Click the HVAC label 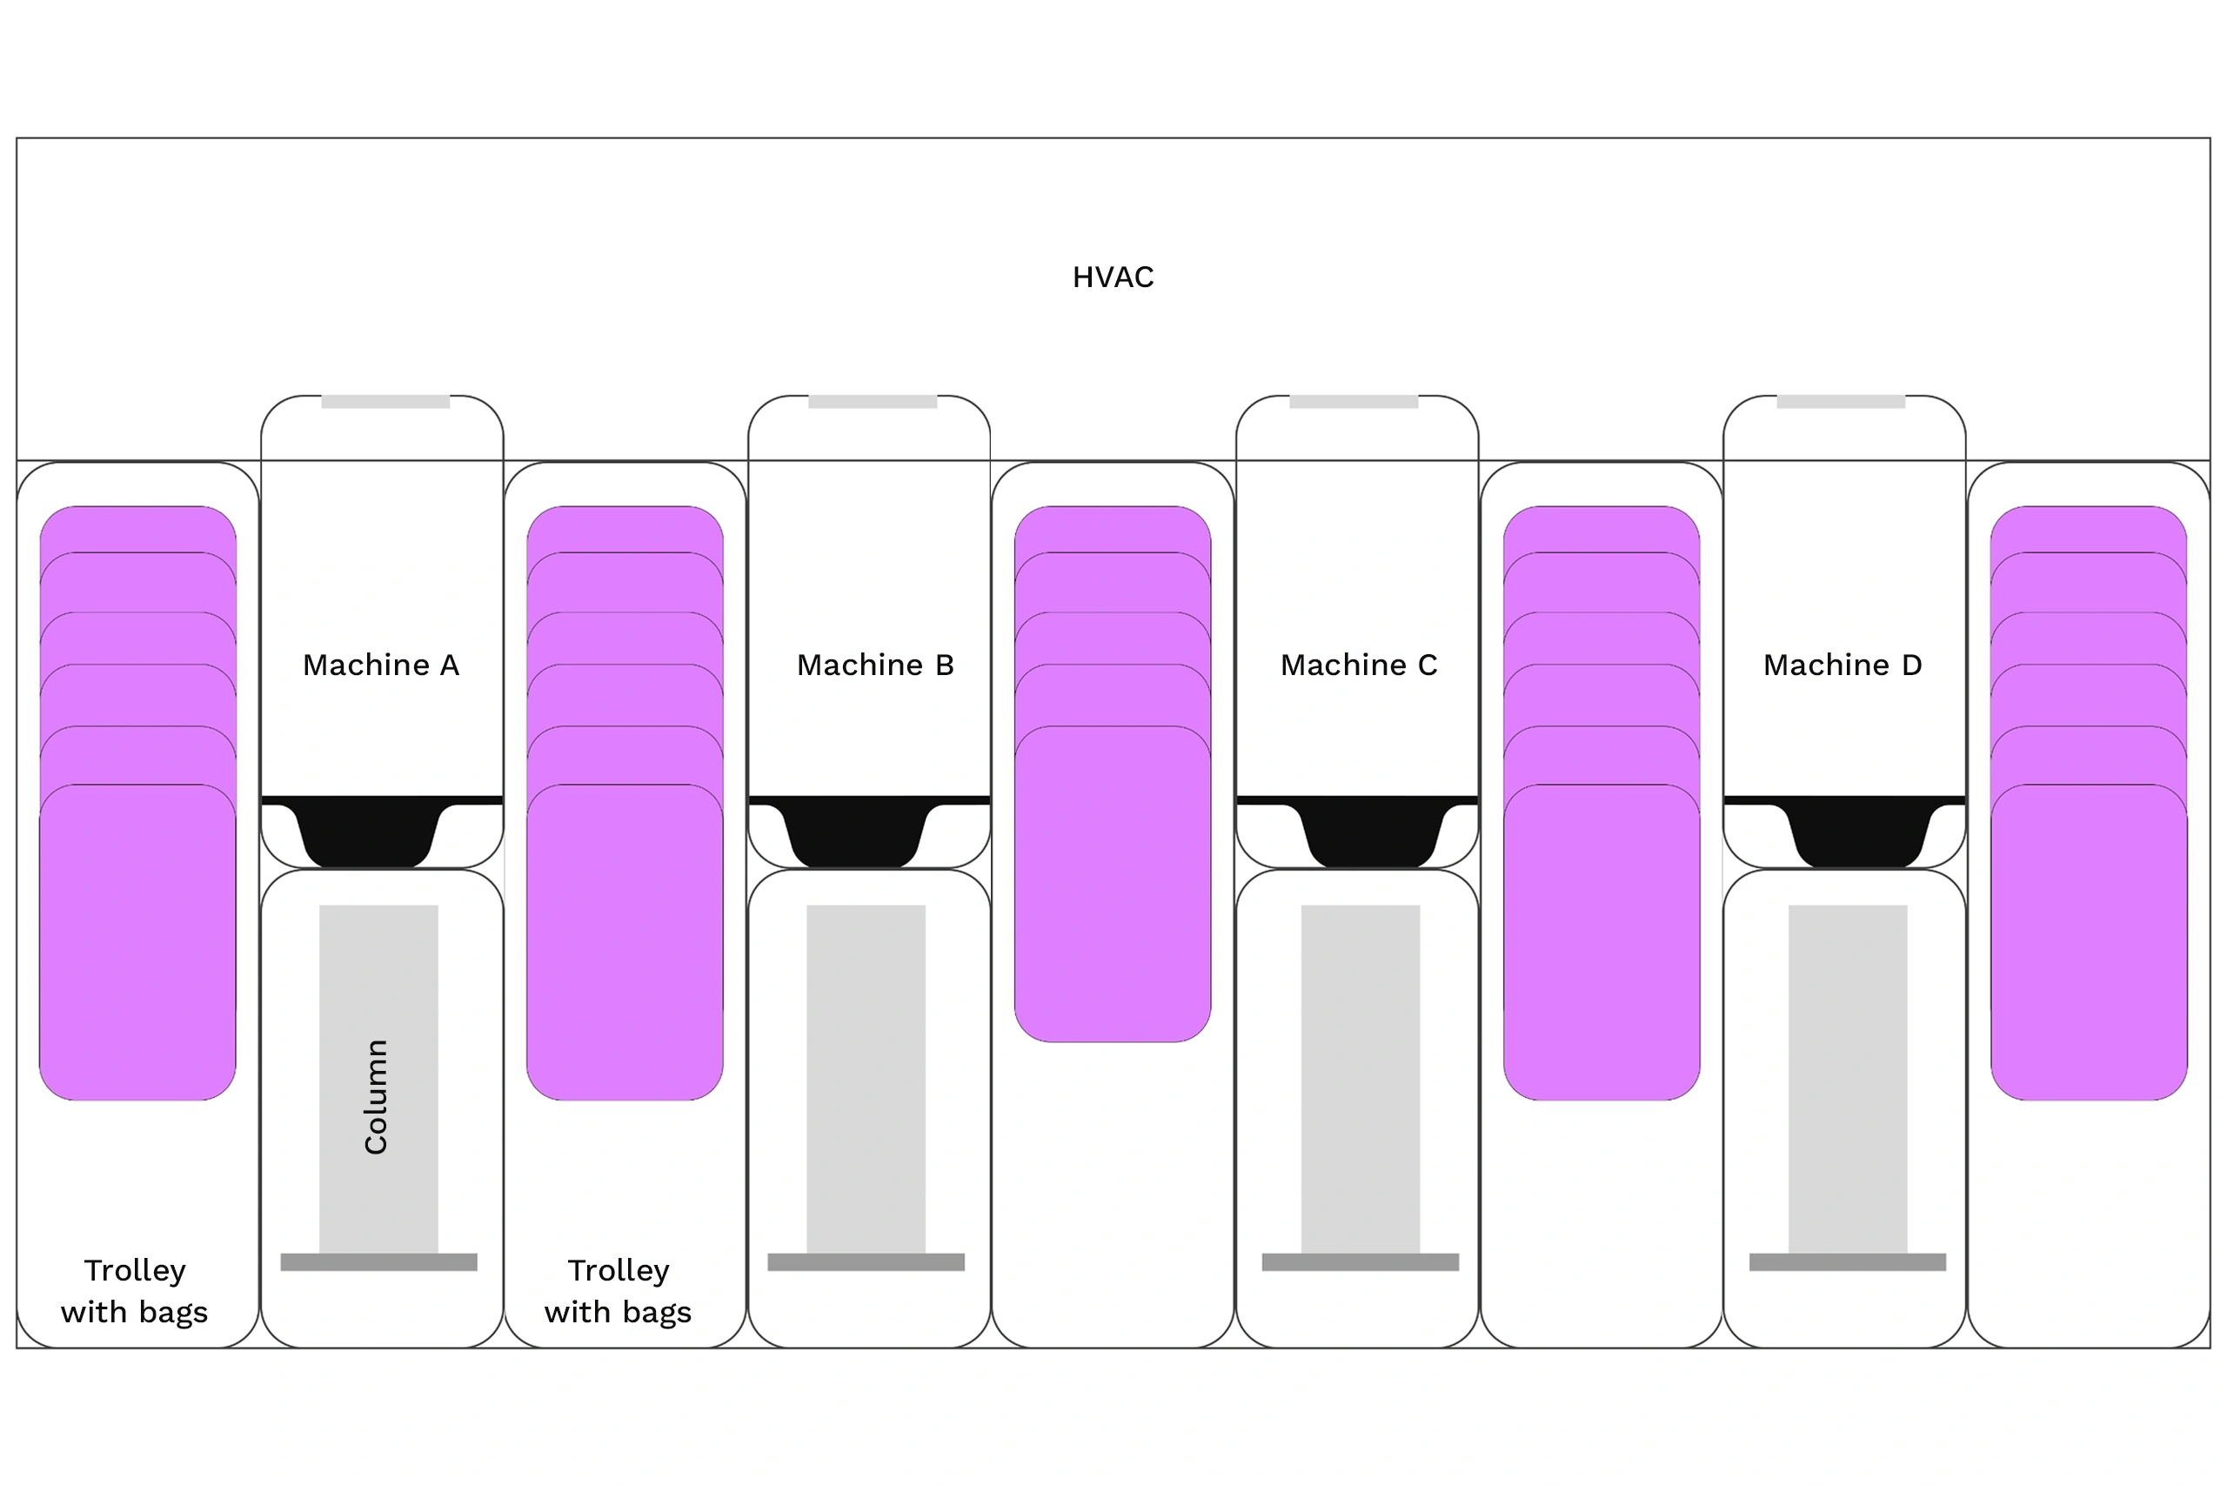click(x=1113, y=277)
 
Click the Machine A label click(x=381, y=665)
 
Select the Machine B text click(x=875, y=665)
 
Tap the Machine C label click(x=1359, y=665)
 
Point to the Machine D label click(x=1842, y=665)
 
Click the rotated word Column click(x=376, y=1097)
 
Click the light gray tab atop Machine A click(x=385, y=402)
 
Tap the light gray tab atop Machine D click(x=1841, y=402)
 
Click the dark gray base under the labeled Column click(x=378, y=1261)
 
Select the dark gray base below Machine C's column click(x=1361, y=1261)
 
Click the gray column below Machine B click(x=866, y=1079)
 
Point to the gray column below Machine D click(x=1849, y=1079)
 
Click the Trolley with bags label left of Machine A click(x=135, y=1291)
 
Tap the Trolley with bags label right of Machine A click(x=619, y=1291)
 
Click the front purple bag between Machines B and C click(x=1113, y=885)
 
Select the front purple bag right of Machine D click(x=2089, y=942)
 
